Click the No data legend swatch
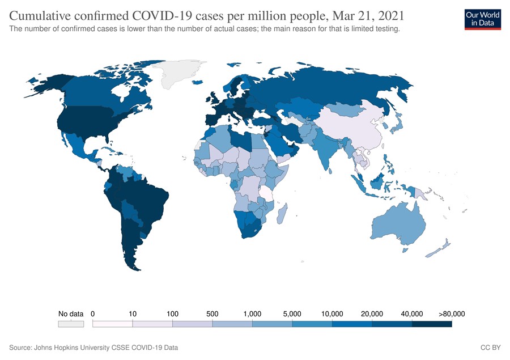click(x=71, y=324)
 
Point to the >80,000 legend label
click(x=452, y=314)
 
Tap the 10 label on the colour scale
click(x=133, y=314)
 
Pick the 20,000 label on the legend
click(x=372, y=314)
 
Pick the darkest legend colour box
click(x=432, y=324)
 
